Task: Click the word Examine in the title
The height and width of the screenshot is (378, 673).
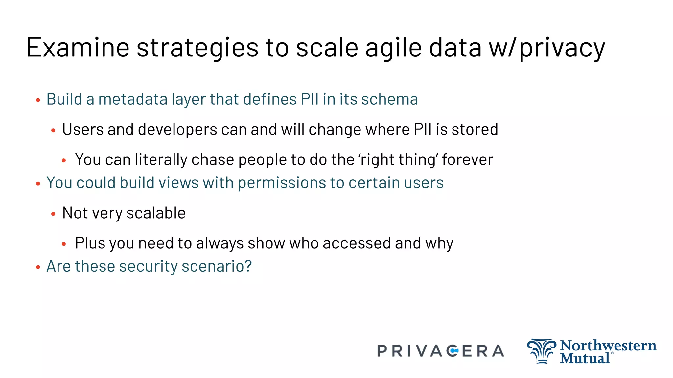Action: pos(78,48)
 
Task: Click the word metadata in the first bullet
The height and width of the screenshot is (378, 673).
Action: pos(133,99)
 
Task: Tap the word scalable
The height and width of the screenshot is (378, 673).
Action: pos(156,213)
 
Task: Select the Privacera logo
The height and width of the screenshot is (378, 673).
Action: pos(440,351)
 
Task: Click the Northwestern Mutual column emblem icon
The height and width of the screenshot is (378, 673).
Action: pos(541,351)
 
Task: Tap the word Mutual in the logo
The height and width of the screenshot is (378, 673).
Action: pos(585,358)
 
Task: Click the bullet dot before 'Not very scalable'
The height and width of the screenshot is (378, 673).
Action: pos(53,214)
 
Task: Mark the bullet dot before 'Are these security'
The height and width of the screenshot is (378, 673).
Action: pos(38,267)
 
